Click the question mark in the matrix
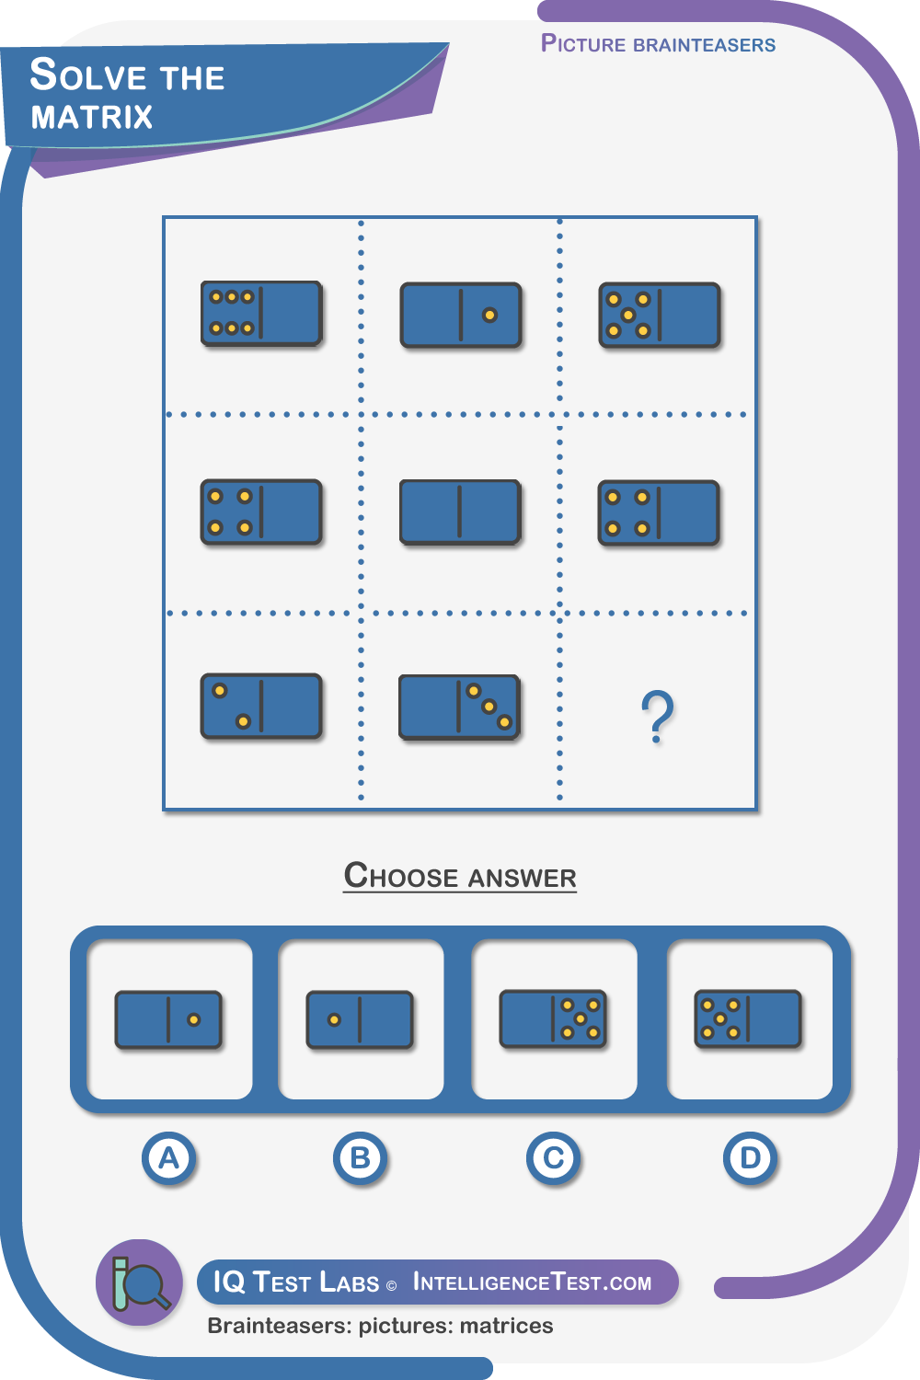pos(658,716)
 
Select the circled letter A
pos(169,1158)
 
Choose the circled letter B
pos(361,1158)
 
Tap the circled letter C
pos(553,1158)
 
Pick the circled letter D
pos(750,1158)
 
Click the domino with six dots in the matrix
pos(261,314)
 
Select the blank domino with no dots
pos(460,512)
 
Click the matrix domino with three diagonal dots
pos(460,707)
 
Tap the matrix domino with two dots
pos(261,706)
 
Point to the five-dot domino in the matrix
pos(660,316)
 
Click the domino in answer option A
pos(168,1019)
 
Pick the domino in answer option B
pos(360,1019)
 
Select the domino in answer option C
pos(553,1019)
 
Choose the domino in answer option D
pos(748,1019)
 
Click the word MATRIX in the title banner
pos(92,117)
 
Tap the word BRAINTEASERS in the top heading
pos(705,45)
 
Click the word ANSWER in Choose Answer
pos(523,878)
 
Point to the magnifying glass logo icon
pos(139,1282)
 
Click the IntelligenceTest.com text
pos(532,1282)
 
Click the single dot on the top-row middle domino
pos(489,316)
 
